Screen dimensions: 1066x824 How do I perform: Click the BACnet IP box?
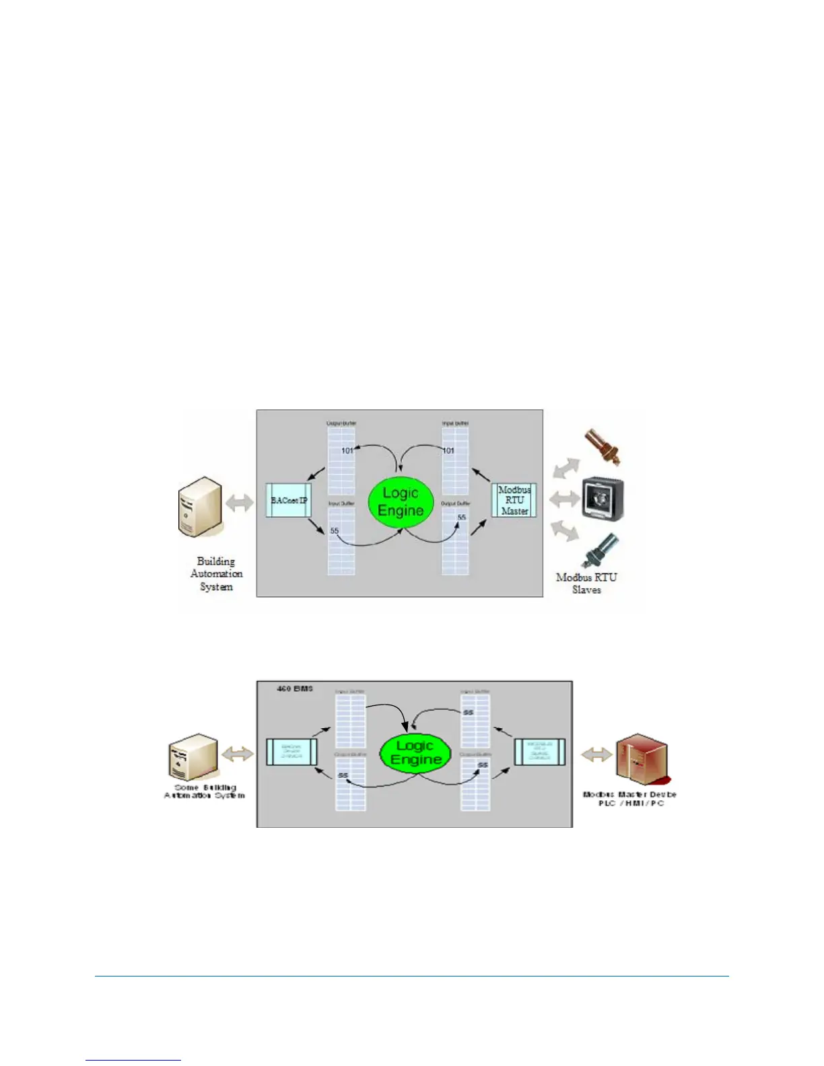pos(289,500)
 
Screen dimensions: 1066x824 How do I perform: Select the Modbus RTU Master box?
pos(514,500)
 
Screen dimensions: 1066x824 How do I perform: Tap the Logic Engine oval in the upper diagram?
pos(401,502)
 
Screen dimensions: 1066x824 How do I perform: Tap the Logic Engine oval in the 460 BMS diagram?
pos(415,752)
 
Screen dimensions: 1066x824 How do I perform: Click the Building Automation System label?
pos(216,573)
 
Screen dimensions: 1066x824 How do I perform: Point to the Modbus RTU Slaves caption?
pos(586,583)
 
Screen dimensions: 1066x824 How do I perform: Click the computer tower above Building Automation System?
pos(199,507)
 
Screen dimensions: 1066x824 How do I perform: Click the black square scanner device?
pos(603,499)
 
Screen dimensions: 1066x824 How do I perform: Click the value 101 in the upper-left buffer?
pos(347,450)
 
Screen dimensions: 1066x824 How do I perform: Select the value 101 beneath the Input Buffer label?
pos(448,450)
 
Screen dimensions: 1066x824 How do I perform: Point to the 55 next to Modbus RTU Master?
pos(462,517)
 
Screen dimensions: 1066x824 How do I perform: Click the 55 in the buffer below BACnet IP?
pos(335,531)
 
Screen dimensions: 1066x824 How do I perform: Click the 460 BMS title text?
pos(295,688)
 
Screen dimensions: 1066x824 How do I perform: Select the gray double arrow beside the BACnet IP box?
pos(240,502)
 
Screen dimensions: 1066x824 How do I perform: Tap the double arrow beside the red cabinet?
pos(596,754)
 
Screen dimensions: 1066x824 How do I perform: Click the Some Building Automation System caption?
pos(205,791)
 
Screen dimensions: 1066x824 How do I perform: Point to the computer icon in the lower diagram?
pos(193,757)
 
